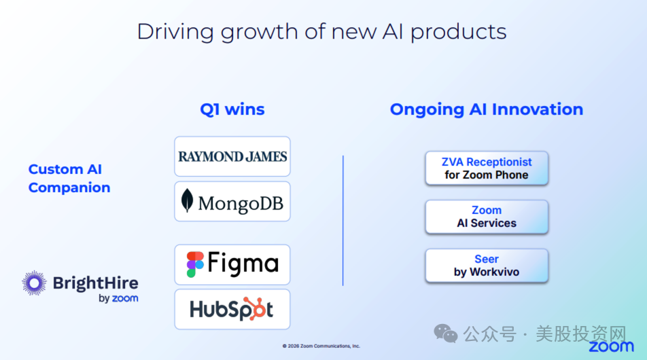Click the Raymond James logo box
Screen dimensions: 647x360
[x=232, y=156]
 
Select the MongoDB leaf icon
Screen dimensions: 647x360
[x=188, y=200]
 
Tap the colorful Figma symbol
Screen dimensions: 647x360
[x=195, y=264]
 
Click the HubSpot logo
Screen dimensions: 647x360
[x=232, y=309]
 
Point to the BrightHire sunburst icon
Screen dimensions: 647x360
[x=34, y=283]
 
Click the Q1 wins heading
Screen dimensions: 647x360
[x=232, y=109]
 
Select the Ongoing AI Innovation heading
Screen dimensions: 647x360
[x=487, y=109]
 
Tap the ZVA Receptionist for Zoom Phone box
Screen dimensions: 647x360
[x=487, y=168]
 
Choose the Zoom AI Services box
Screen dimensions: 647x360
[x=487, y=217]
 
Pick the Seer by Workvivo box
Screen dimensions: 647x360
[x=487, y=266]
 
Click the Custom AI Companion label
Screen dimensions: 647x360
[x=69, y=178]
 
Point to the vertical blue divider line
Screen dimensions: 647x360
[x=343, y=221]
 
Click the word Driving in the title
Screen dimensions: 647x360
[x=175, y=32]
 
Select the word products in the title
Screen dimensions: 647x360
[x=459, y=32]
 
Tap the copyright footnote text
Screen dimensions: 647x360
[x=321, y=346]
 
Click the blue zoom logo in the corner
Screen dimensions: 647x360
[x=611, y=346]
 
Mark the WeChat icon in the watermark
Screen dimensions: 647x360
[x=446, y=334]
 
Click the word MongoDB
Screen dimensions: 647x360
[x=241, y=203]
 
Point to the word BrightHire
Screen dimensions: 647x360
[x=96, y=283]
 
